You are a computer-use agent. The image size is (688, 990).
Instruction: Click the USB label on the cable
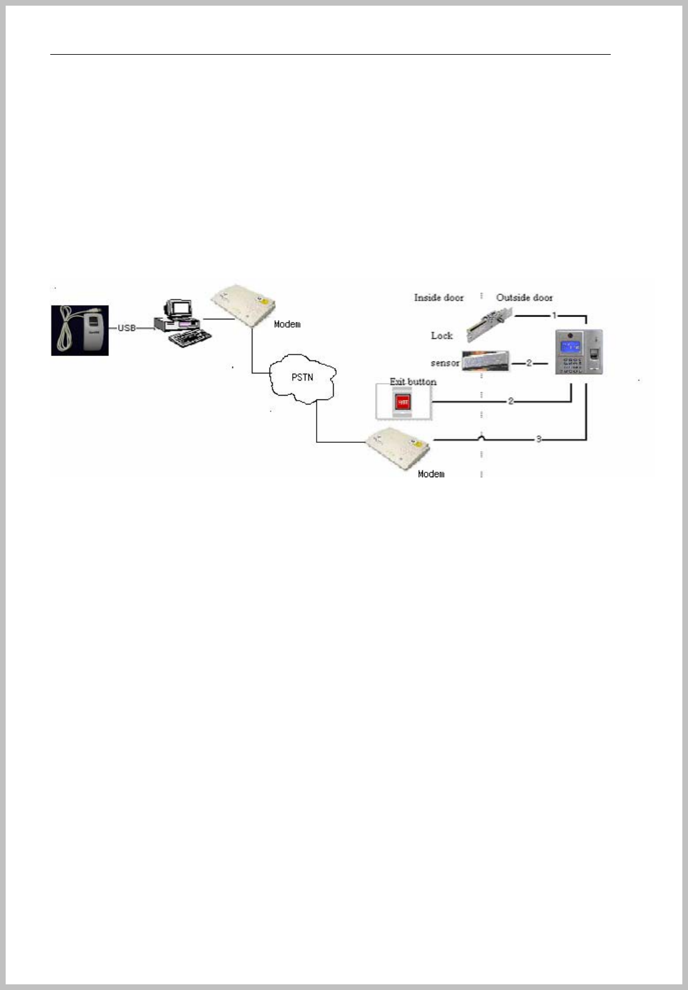(127, 328)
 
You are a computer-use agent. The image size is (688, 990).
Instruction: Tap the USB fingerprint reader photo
(80, 330)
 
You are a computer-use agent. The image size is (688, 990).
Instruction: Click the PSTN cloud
(303, 377)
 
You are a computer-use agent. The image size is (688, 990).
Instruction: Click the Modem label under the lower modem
(431, 474)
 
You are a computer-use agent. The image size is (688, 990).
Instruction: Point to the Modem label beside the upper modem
(287, 324)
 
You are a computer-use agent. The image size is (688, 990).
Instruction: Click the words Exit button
(413, 381)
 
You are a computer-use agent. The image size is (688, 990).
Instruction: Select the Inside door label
(439, 298)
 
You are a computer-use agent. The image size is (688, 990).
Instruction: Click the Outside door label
(525, 298)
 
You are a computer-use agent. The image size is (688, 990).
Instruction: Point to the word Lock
(442, 335)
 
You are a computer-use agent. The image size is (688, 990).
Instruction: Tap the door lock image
(489, 325)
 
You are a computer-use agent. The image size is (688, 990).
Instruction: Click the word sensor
(445, 363)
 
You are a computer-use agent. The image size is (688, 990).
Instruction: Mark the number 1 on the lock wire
(554, 314)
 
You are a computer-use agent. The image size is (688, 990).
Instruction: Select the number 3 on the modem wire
(538, 439)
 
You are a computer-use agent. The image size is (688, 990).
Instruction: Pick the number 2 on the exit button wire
(511, 401)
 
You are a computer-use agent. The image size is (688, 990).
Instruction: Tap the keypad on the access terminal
(571, 364)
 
